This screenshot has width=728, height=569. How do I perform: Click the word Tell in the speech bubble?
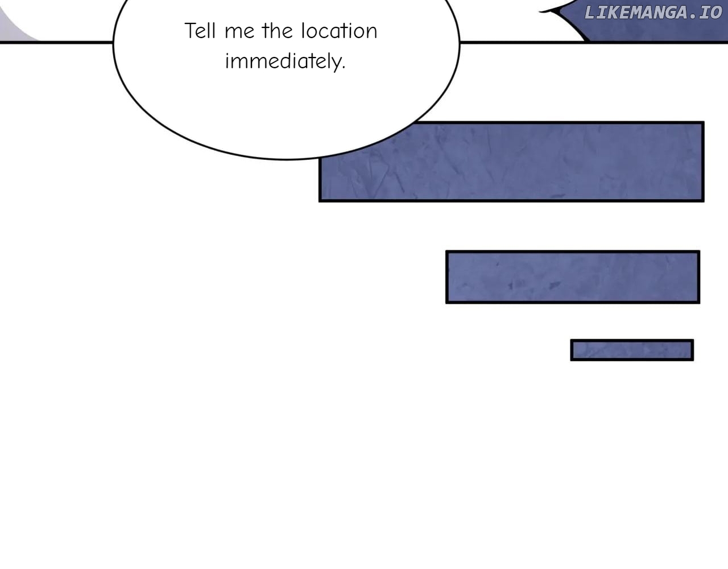[x=200, y=31]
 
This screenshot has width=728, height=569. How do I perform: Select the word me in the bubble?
[x=239, y=32]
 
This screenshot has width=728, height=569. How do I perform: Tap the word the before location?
[x=276, y=31]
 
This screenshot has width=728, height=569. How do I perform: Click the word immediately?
[x=284, y=61]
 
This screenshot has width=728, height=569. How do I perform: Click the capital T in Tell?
[x=190, y=31]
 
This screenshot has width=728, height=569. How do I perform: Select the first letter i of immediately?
[x=227, y=60]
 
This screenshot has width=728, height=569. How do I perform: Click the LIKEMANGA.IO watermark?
[x=652, y=13]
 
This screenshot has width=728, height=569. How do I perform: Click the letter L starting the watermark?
[x=589, y=13]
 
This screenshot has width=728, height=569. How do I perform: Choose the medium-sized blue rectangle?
[x=573, y=277]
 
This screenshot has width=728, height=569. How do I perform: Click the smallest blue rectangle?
[x=632, y=350]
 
